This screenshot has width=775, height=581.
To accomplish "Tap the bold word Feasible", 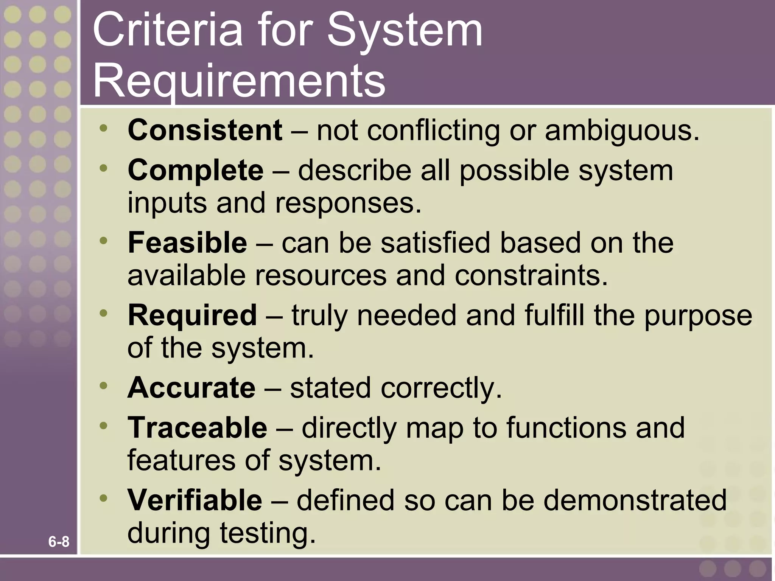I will click(187, 243).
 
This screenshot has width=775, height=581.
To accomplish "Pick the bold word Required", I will click(192, 315).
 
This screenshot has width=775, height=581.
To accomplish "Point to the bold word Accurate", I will click(191, 388).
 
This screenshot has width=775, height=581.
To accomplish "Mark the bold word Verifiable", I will click(195, 500).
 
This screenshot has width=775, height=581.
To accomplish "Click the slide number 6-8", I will click(59, 542).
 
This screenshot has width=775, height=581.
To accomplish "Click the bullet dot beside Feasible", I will click(104, 240).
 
